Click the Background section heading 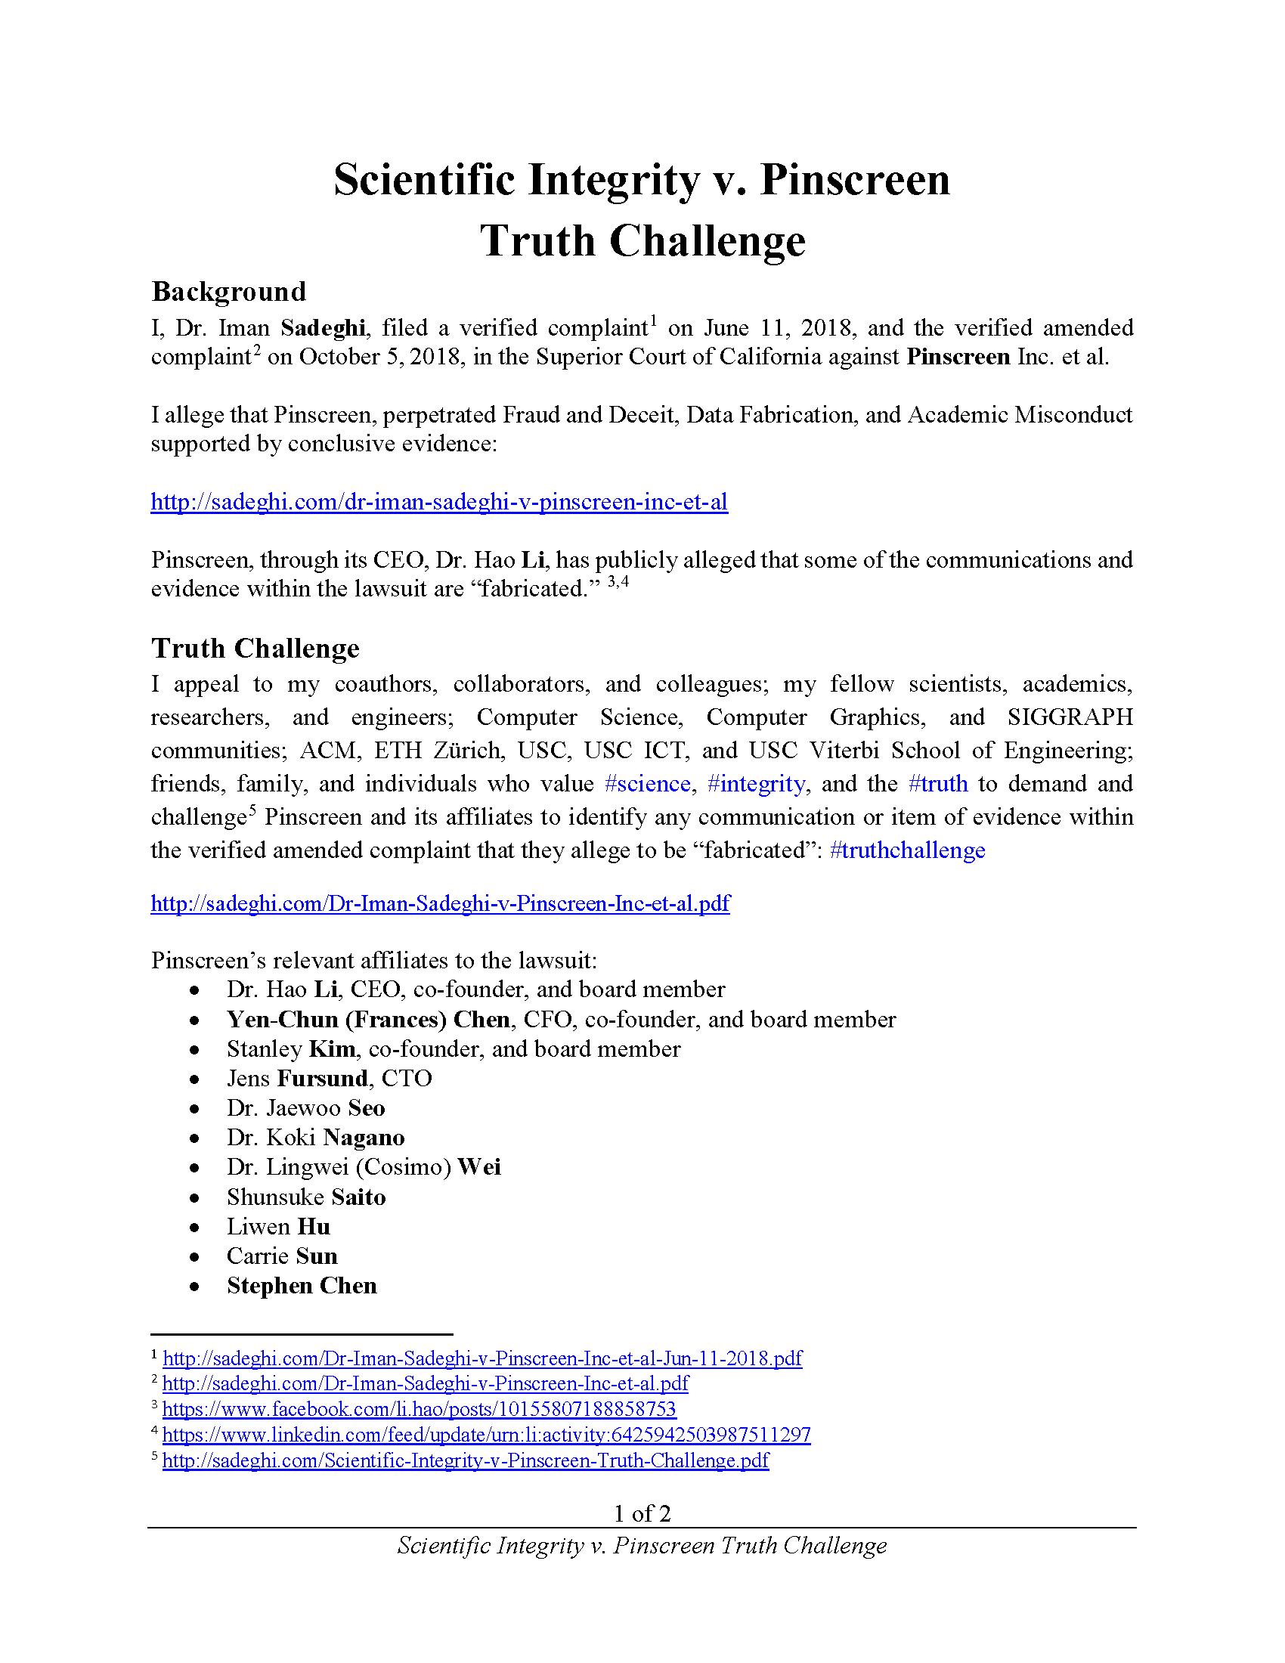[228, 292]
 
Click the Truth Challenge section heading [255, 648]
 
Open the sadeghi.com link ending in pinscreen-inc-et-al [439, 502]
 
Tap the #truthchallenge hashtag [907, 850]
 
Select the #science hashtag [647, 784]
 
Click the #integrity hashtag [756, 784]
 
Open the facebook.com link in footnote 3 [420, 1409]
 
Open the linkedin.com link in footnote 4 [487, 1435]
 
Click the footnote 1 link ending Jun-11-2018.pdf [483, 1358]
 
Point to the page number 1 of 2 [642, 1513]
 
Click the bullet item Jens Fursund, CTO [329, 1078]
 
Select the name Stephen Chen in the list [302, 1285]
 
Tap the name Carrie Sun [282, 1256]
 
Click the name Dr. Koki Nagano [315, 1138]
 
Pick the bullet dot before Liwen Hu [195, 1228]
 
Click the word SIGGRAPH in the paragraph [1070, 717]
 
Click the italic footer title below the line [642, 1545]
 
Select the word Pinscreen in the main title [854, 181]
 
